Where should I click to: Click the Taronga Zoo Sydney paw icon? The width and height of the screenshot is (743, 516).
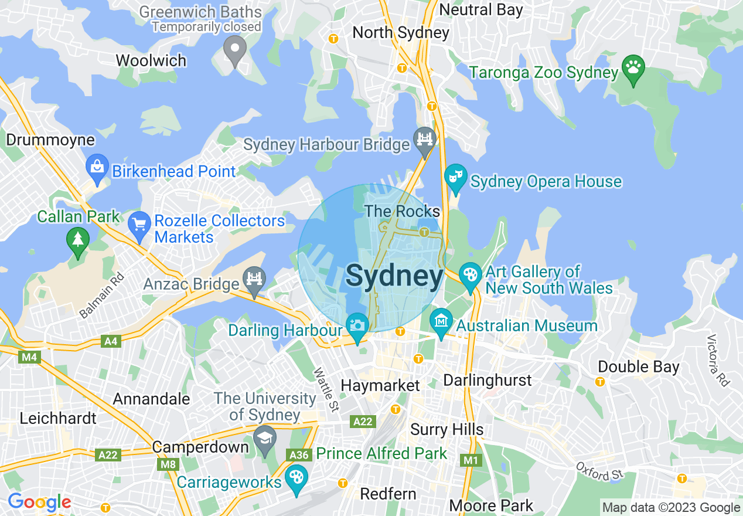coord(633,67)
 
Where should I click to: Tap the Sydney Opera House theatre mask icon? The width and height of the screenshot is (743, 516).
coord(455,176)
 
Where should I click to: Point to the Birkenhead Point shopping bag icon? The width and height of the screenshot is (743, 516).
coord(96,167)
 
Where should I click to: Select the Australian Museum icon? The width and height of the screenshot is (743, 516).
coord(441,321)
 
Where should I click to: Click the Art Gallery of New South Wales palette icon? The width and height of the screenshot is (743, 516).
coord(469,274)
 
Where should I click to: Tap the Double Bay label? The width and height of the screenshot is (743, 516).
coord(638,367)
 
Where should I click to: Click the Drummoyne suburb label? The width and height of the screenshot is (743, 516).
coord(50,140)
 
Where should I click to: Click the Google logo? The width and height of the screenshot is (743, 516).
coord(39,503)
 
